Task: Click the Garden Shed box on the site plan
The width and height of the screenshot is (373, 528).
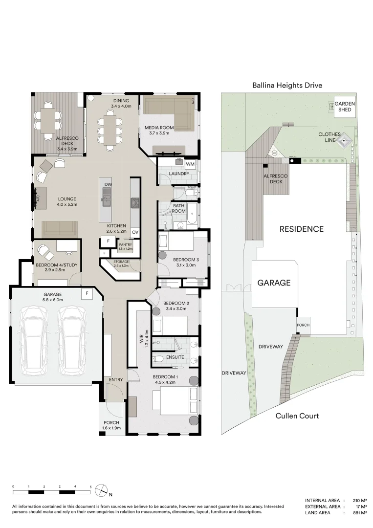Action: (345, 107)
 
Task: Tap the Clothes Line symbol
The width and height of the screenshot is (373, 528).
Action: (345, 142)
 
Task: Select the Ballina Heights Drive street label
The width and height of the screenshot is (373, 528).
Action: (287, 85)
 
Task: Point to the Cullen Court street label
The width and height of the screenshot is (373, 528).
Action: (297, 416)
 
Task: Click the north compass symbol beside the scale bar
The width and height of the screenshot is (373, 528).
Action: (101, 489)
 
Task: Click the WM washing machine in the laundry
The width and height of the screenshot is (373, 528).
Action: (190, 163)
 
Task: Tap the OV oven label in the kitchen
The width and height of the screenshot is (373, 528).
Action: (135, 232)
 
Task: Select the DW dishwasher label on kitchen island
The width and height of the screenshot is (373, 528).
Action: (109, 184)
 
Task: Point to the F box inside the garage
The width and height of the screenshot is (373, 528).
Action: (87, 293)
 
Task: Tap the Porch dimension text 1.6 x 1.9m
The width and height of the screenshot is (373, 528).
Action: (111, 428)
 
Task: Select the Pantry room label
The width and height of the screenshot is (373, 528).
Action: (126, 245)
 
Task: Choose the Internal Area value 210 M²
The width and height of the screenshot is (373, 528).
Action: (359, 500)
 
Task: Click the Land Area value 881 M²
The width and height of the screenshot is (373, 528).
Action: (359, 513)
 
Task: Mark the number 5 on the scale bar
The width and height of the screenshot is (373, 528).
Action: (91, 486)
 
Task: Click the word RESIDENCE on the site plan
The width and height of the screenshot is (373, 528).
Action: (301, 229)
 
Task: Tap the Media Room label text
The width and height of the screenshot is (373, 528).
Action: (157, 128)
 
